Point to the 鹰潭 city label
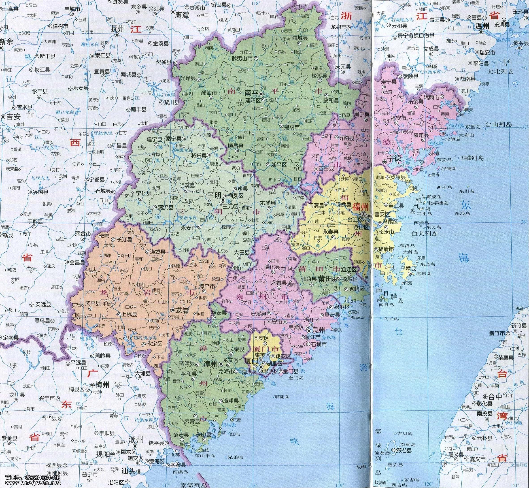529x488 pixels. (x=182, y=15)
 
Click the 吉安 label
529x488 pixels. (x=13, y=117)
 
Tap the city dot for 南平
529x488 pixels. (x=261, y=94)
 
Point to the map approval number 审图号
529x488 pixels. (x=30, y=478)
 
